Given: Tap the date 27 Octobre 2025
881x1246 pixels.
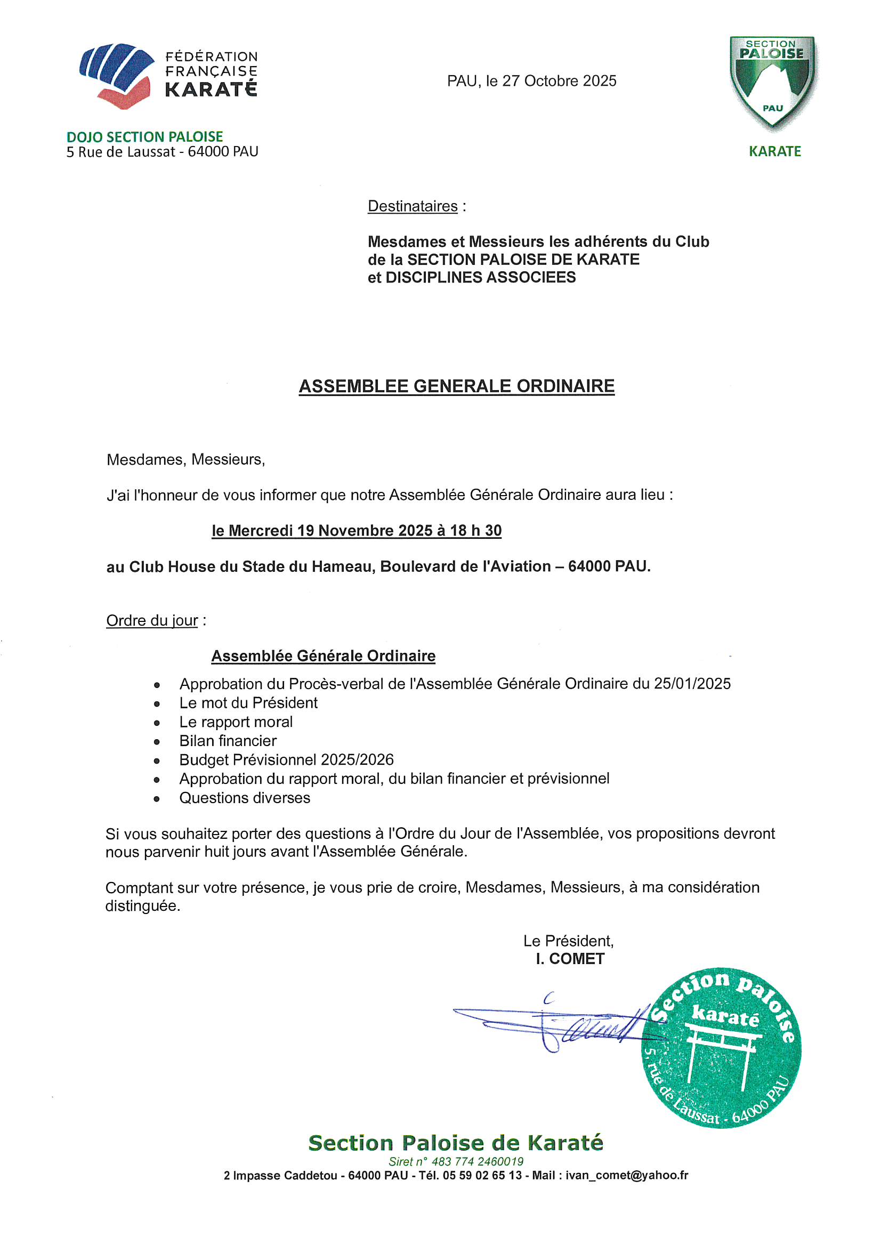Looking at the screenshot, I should pos(559,81).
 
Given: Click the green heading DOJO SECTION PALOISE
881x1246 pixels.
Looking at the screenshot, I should pos(144,137).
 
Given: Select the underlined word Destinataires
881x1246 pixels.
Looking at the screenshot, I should pos(413,206).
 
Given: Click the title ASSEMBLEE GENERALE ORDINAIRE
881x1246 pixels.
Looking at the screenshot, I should pos(457,386).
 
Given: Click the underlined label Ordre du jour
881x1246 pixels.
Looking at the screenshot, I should pos(152,620).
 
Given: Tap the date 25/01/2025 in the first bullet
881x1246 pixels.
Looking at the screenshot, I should pos(692,683).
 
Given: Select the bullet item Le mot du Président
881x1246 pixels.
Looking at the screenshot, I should pos(248,703).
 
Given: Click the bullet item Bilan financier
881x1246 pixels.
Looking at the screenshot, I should pos(228,741).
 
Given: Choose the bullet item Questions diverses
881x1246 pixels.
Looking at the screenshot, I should pos(245,798).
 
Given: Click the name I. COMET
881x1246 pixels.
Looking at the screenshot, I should pos(570,959).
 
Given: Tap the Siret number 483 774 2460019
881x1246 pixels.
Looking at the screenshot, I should pos(477,1161).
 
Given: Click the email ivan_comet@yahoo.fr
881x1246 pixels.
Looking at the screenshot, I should pos(626,1176).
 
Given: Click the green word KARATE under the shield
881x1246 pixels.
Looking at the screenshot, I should pos(774,151).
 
